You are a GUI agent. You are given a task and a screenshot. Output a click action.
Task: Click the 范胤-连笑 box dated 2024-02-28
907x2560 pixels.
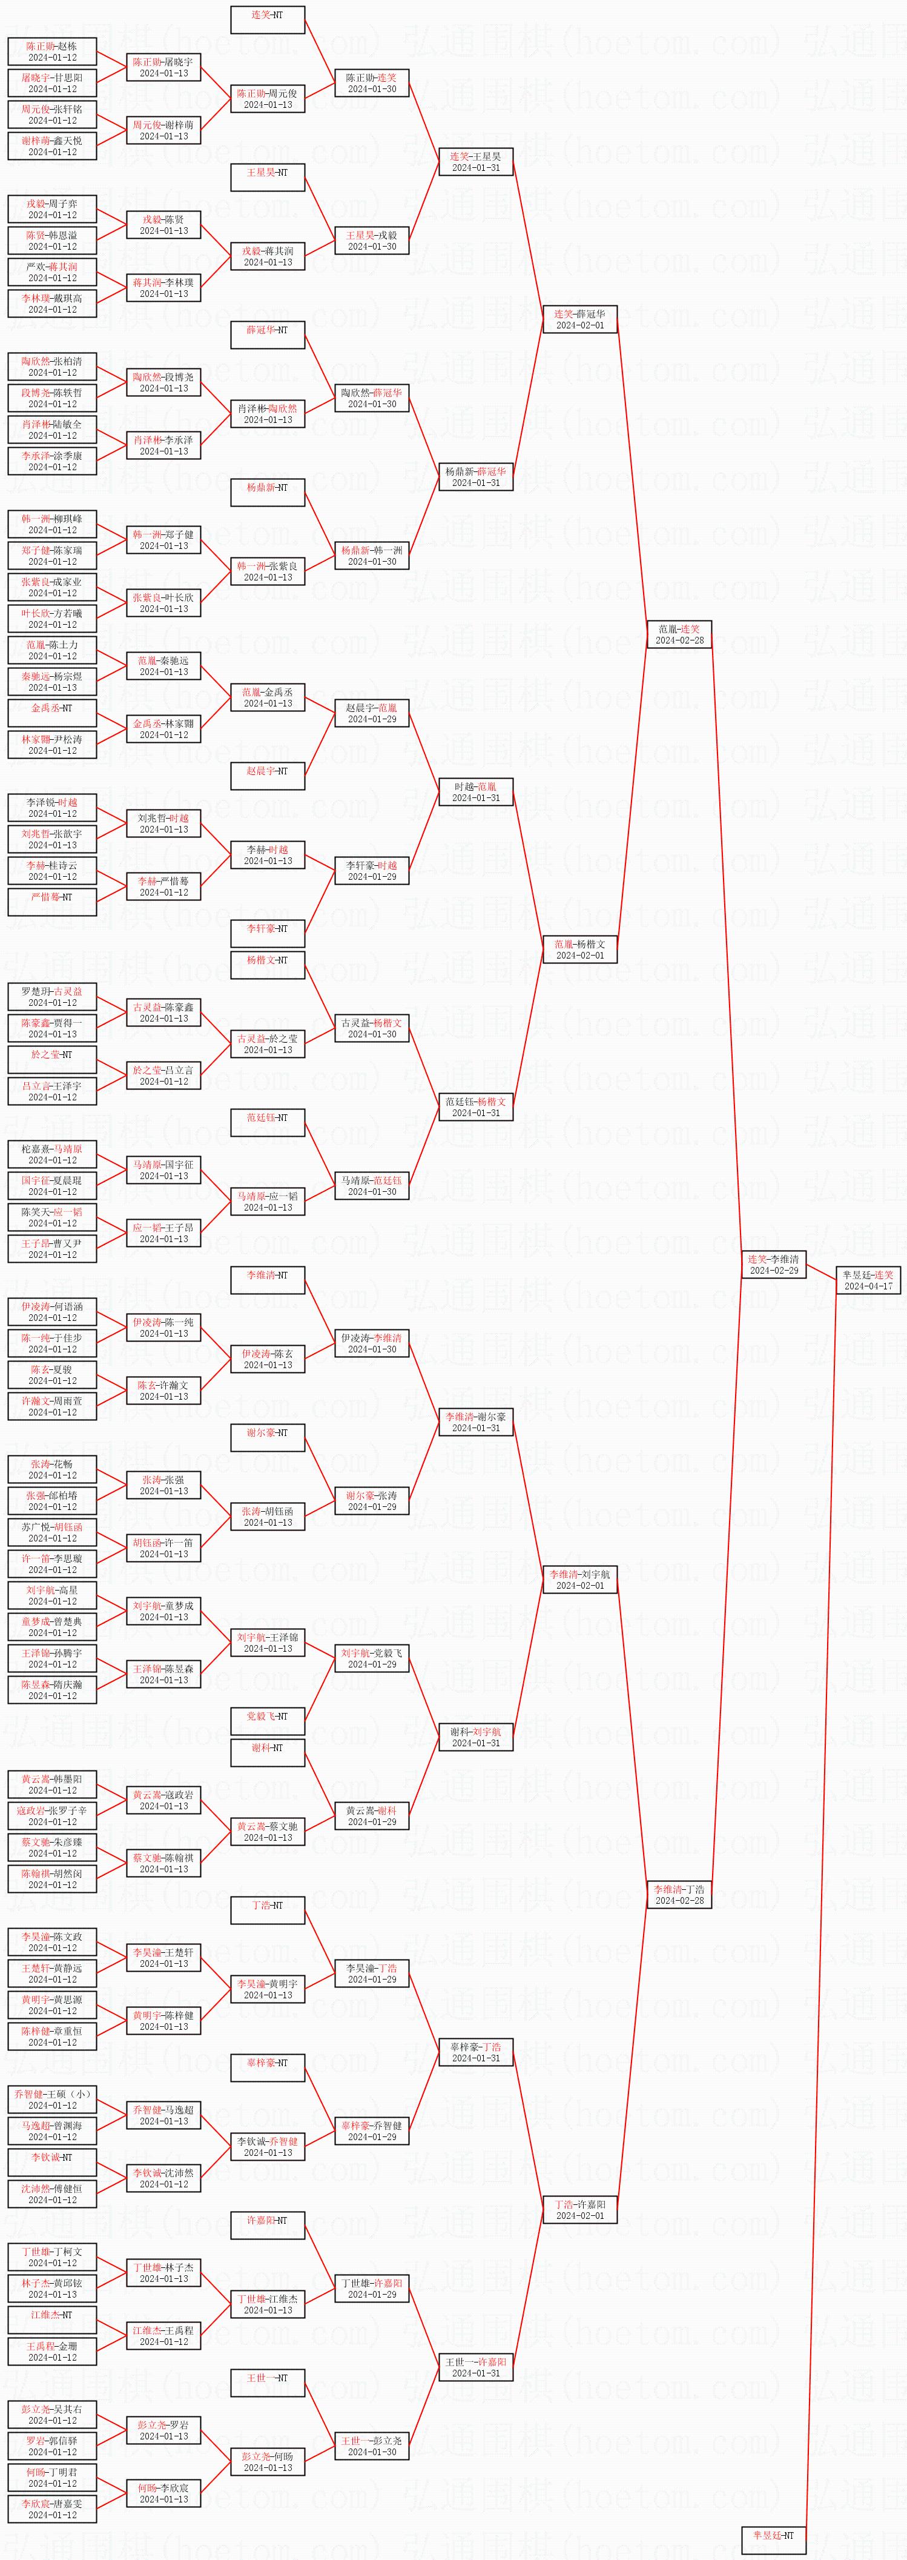click(679, 634)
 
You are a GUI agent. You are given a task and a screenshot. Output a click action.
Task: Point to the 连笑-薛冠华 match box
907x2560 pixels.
click(579, 319)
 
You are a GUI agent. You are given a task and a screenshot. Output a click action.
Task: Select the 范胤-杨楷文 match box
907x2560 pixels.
click(579, 949)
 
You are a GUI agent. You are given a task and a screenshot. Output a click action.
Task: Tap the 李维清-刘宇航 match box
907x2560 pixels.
click(579, 1579)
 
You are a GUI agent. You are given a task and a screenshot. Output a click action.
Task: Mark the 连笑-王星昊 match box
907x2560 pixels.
click(476, 162)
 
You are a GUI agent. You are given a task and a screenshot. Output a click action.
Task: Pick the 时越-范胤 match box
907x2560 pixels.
click(476, 792)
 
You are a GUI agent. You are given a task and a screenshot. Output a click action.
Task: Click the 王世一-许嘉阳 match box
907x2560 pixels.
click(476, 2367)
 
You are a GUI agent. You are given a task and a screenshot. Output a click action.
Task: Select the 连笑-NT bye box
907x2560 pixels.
click(267, 20)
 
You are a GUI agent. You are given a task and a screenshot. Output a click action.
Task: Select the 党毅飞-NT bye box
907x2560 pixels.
click(267, 1721)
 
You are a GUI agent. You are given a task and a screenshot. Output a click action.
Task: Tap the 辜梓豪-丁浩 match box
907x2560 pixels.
click(476, 2052)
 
